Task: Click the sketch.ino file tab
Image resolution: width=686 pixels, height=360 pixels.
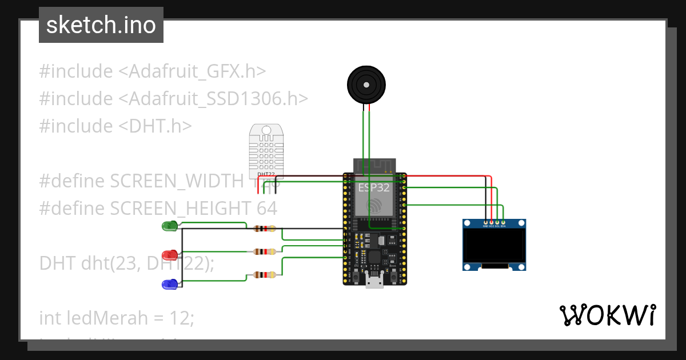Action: [101, 25]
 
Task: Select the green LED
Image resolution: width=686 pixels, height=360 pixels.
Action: [170, 226]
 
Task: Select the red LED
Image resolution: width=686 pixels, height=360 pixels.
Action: [170, 254]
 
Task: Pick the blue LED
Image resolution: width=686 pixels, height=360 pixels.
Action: [170, 283]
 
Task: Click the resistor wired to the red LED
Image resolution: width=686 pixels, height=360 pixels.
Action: [264, 251]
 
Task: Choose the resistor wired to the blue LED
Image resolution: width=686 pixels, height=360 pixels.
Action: [264, 275]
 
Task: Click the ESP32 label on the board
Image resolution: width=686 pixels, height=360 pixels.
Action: [374, 187]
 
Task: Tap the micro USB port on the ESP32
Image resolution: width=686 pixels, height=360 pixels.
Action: [374, 281]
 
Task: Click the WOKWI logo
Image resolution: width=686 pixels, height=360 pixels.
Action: [607, 315]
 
